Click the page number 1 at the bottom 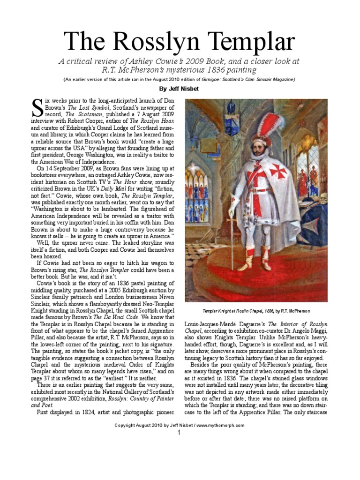[x=179, y=433]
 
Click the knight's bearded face [x=258, y=150]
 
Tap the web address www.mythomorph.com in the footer [x=221, y=425]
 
